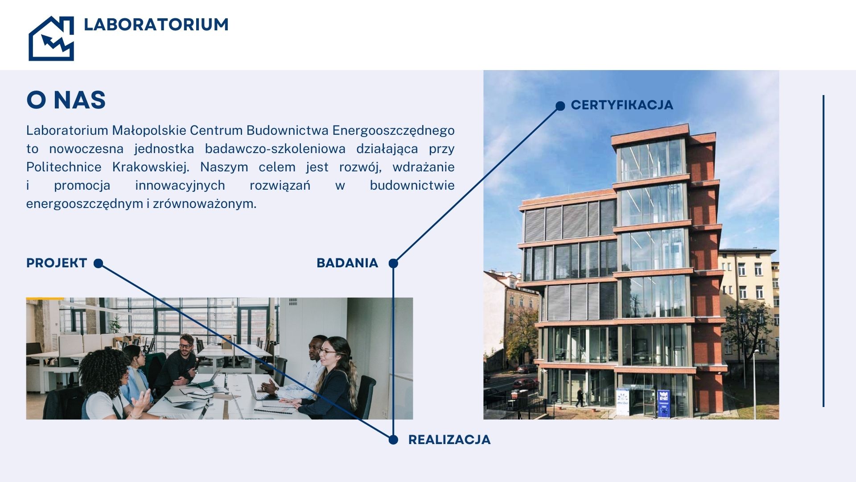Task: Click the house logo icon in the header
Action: click(x=51, y=38)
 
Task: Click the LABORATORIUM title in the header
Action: click(x=156, y=25)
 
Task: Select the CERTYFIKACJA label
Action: click(x=622, y=105)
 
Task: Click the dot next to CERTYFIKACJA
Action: click(x=560, y=106)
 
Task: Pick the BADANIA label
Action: click(x=347, y=263)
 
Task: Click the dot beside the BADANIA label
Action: click(x=393, y=263)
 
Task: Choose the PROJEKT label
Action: click(x=57, y=263)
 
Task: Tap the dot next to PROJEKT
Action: click(x=99, y=263)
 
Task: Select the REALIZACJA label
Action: click(x=449, y=440)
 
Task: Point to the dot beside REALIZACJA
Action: click(x=393, y=440)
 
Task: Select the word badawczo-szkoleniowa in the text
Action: click(x=275, y=149)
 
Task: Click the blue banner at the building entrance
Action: click(x=663, y=403)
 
